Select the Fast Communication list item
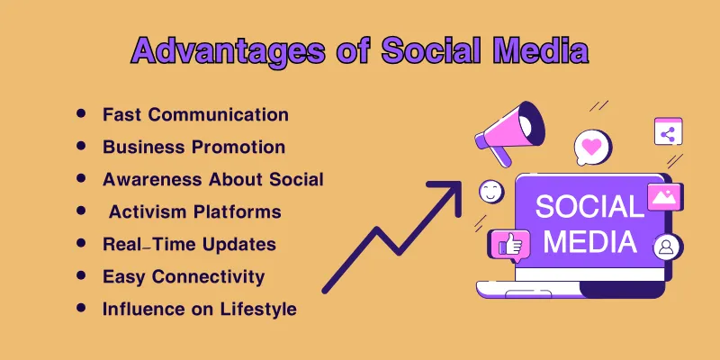pos(195,114)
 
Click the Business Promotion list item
pos(193,147)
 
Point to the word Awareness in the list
pos(152,179)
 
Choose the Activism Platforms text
pos(195,211)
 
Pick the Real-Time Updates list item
pos(189,244)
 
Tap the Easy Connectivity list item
pos(184,276)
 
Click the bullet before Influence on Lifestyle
pos(82,308)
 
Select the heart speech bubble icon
pos(591,146)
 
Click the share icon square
pos(668,133)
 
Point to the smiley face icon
pos(491,191)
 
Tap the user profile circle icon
pos(667,246)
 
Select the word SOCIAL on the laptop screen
pos(589,207)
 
